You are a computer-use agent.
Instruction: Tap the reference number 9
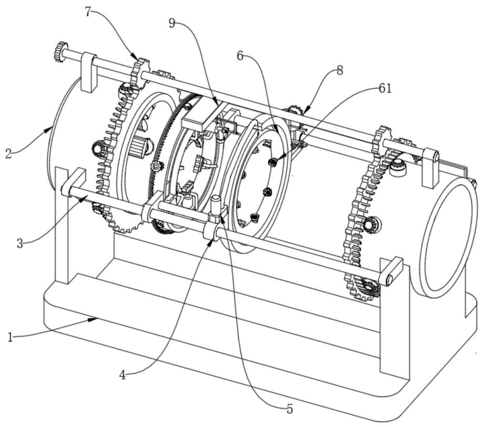click(x=172, y=23)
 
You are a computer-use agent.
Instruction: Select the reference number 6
click(x=241, y=56)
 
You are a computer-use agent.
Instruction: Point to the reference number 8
click(x=340, y=70)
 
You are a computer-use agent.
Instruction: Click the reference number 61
click(x=385, y=89)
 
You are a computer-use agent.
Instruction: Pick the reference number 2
click(x=8, y=153)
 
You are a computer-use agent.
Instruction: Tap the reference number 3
click(x=20, y=244)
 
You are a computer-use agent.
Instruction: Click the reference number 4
click(x=123, y=375)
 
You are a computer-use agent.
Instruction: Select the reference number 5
click(x=289, y=409)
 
